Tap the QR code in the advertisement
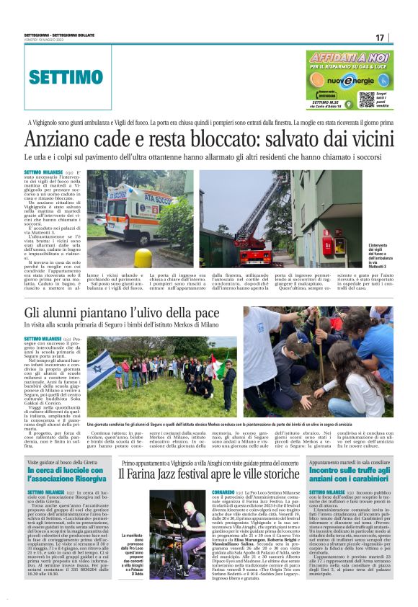(x=366, y=99)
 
